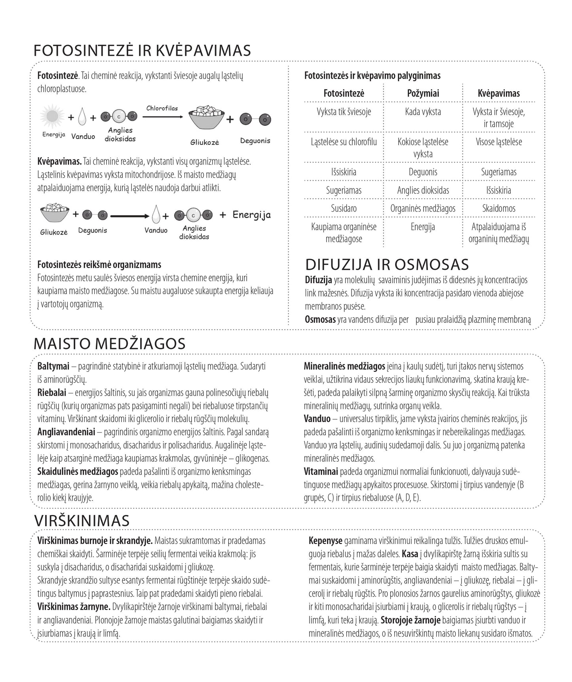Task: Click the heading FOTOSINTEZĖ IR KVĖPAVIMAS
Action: coord(142,51)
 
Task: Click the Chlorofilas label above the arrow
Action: coord(162,108)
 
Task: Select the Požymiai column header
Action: coord(423,93)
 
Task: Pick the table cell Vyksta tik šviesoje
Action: coord(344,112)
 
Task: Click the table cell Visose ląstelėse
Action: coord(499,142)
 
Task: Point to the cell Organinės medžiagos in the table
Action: coord(423,208)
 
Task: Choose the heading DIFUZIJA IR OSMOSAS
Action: coord(387,265)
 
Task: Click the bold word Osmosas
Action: coord(320,320)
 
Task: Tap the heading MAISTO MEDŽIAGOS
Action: coord(109,343)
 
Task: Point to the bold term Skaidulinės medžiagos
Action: coord(78,472)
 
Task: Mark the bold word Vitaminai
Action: coord(321,472)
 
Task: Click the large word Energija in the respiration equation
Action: coord(251,215)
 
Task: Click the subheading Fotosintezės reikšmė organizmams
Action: coord(99,265)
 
